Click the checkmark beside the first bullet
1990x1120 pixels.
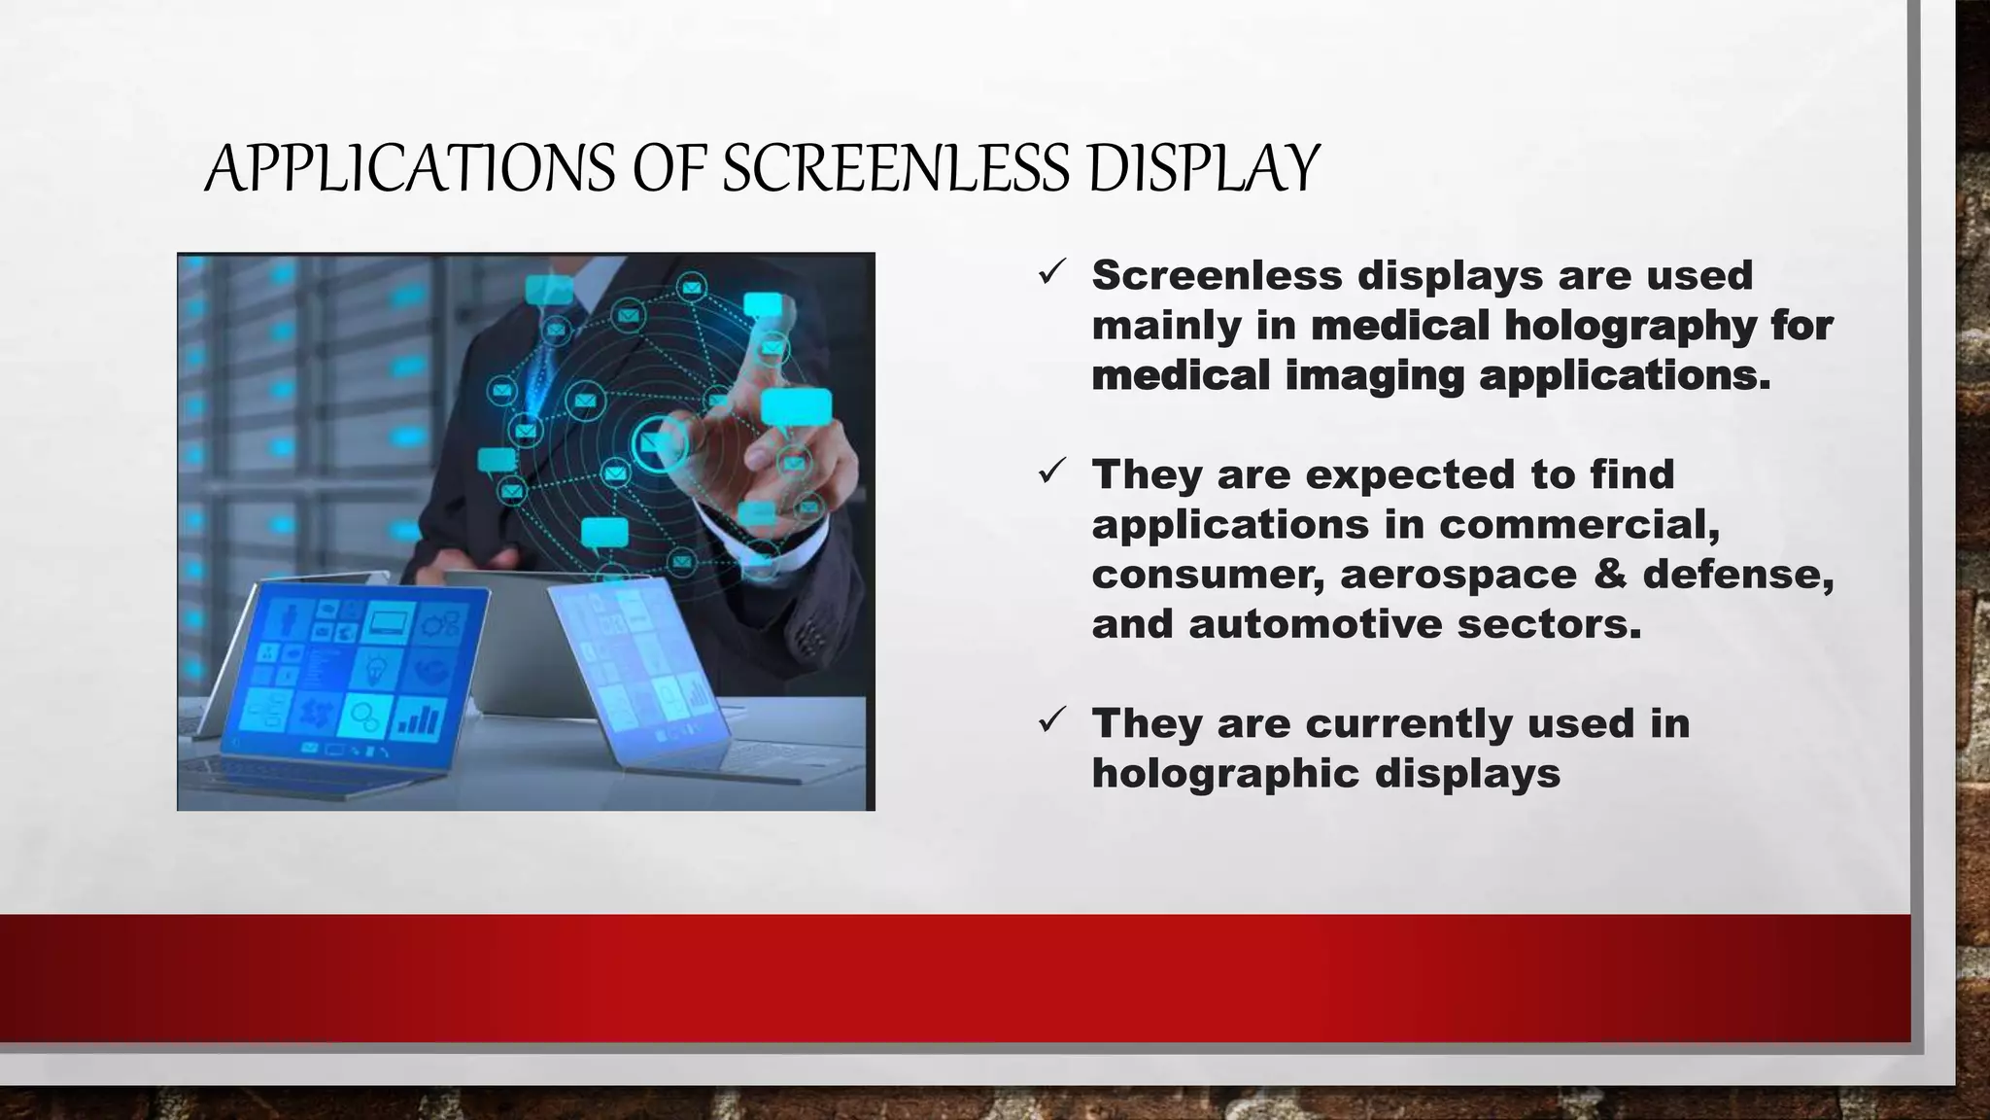(1052, 272)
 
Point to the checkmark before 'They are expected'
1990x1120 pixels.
(1052, 472)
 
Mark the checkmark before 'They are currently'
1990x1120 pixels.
(1052, 720)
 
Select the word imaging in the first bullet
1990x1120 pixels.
(1374, 375)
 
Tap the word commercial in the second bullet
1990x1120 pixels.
(1579, 525)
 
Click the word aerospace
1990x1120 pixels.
(1458, 575)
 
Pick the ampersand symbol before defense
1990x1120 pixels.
(1610, 574)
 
